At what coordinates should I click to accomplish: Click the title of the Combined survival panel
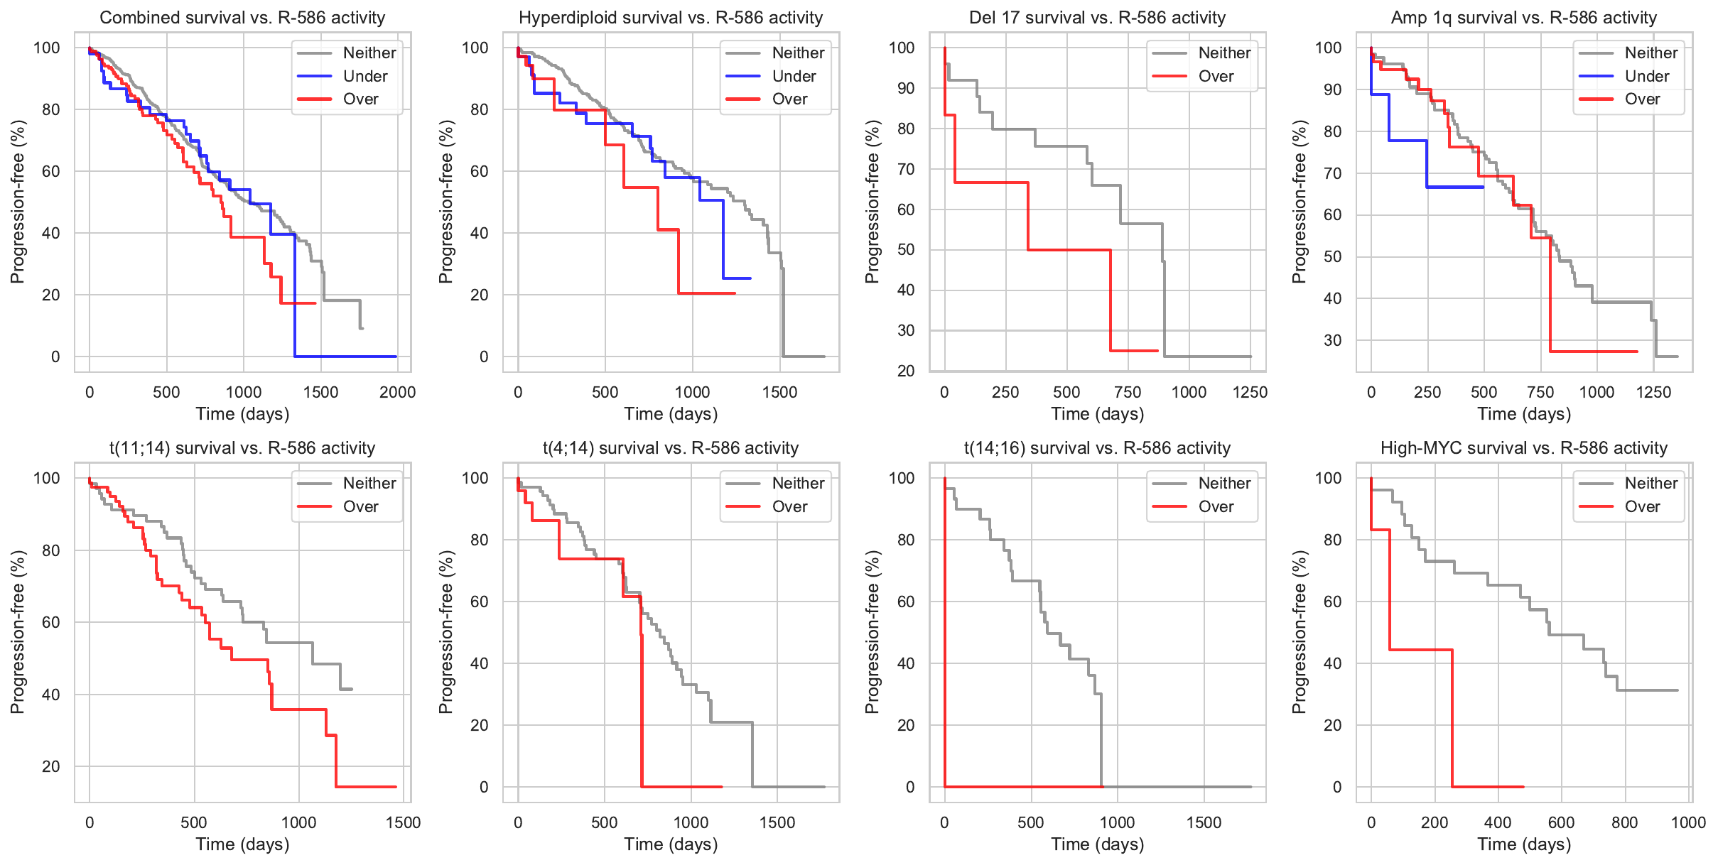click(x=242, y=18)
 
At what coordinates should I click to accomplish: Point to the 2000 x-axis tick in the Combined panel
click(x=397, y=392)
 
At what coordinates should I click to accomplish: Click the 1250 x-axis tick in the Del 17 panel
click(x=1250, y=392)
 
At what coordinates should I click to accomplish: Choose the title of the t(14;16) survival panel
click(x=1097, y=448)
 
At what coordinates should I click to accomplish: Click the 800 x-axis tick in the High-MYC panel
click(x=1625, y=822)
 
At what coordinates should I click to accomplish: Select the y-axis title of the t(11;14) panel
click(x=18, y=632)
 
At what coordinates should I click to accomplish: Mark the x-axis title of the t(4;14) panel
click(x=671, y=844)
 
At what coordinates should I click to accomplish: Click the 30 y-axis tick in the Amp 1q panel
click(x=1333, y=340)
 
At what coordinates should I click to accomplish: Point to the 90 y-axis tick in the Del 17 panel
click(x=906, y=88)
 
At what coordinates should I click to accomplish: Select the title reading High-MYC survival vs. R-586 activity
click(x=1523, y=448)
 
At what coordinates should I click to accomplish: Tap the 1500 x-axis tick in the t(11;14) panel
click(x=403, y=822)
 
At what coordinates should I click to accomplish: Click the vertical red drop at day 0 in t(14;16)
click(x=945, y=632)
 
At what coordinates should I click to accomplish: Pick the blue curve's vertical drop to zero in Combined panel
click(x=294, y=295)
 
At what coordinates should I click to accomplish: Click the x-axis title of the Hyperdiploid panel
click(x=671, y=414)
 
